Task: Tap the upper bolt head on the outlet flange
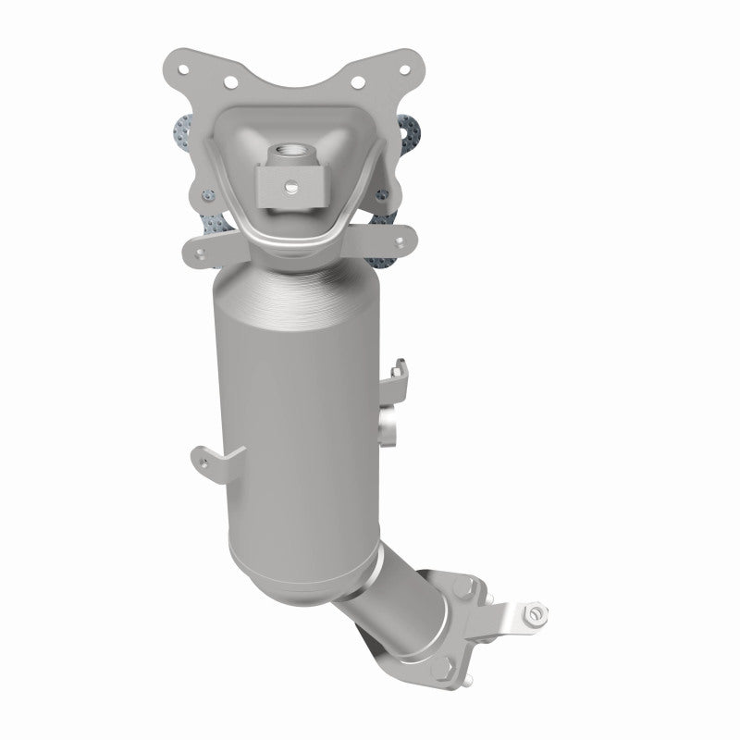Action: coord(464,586)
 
